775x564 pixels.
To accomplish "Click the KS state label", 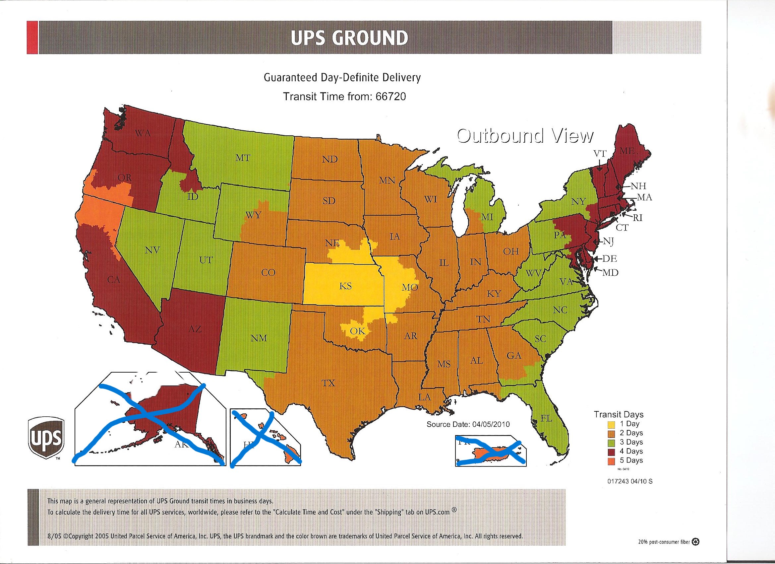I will pos(345,286).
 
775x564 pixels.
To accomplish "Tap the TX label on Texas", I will pos(328,383).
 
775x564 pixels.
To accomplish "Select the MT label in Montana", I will pos(243,158).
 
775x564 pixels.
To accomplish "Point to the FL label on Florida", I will pos(546,418).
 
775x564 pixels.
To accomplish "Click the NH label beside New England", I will pos(638,186).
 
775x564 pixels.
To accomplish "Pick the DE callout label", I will pos(610,258).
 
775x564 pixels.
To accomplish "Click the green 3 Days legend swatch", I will pos(612,443).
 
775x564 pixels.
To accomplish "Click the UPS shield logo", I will pos(46,438).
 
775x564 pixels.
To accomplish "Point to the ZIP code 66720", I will pos(390,97).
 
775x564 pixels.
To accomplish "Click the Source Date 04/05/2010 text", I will pos(468,424).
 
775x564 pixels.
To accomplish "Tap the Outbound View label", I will pos(525,136).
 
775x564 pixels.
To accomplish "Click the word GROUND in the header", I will pos(370,37).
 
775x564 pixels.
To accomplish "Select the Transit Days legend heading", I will pos(619,414).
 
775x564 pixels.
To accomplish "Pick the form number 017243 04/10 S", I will pos(630,481).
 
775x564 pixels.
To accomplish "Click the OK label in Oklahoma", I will pos(357,331).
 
